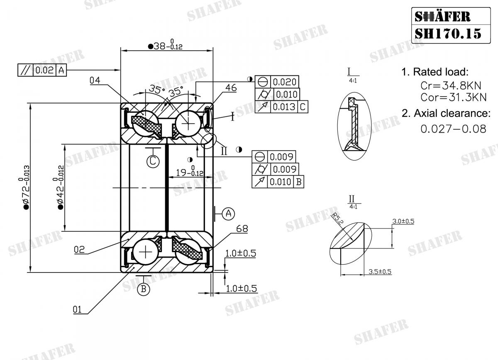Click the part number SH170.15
448,33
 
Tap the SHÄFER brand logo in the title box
443,16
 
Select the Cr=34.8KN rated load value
450,85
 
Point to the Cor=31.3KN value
453,97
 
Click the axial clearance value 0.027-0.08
453,129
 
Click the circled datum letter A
228,214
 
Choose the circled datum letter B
143,289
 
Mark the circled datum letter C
153,161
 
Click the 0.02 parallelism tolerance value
44,70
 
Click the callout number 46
232,88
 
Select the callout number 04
95,80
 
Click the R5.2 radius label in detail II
337,217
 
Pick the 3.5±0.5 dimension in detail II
380,272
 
